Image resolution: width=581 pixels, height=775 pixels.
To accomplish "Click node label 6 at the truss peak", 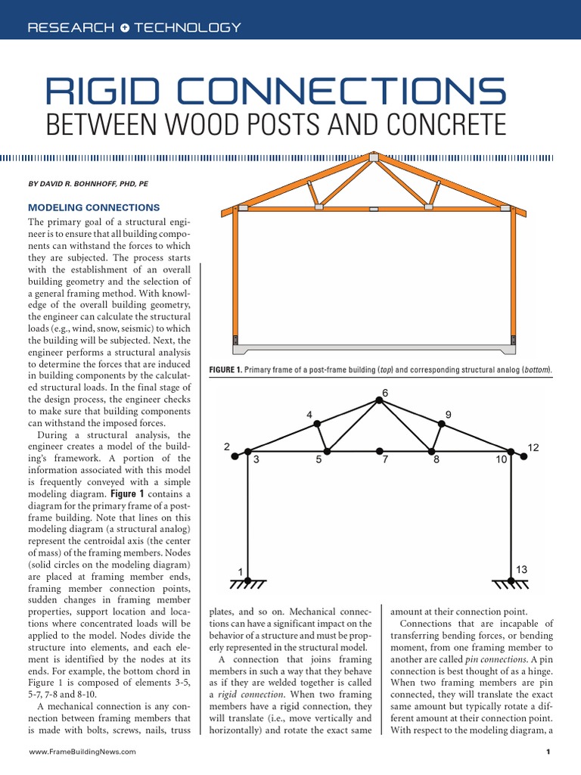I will pos(384,393).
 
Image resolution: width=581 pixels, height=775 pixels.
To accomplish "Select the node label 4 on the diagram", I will pos(309,415).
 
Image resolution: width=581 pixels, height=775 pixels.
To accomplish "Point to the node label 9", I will pos(449,415).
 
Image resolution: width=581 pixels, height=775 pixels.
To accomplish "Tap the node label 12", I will pos(533,448).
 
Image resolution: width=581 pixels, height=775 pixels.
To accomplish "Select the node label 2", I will pos(226,447).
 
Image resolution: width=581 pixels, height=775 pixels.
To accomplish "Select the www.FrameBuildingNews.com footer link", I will pos(82,752).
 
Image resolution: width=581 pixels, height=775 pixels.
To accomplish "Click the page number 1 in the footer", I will pos(546,752).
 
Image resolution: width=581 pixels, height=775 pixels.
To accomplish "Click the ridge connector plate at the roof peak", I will pos(374,158).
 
